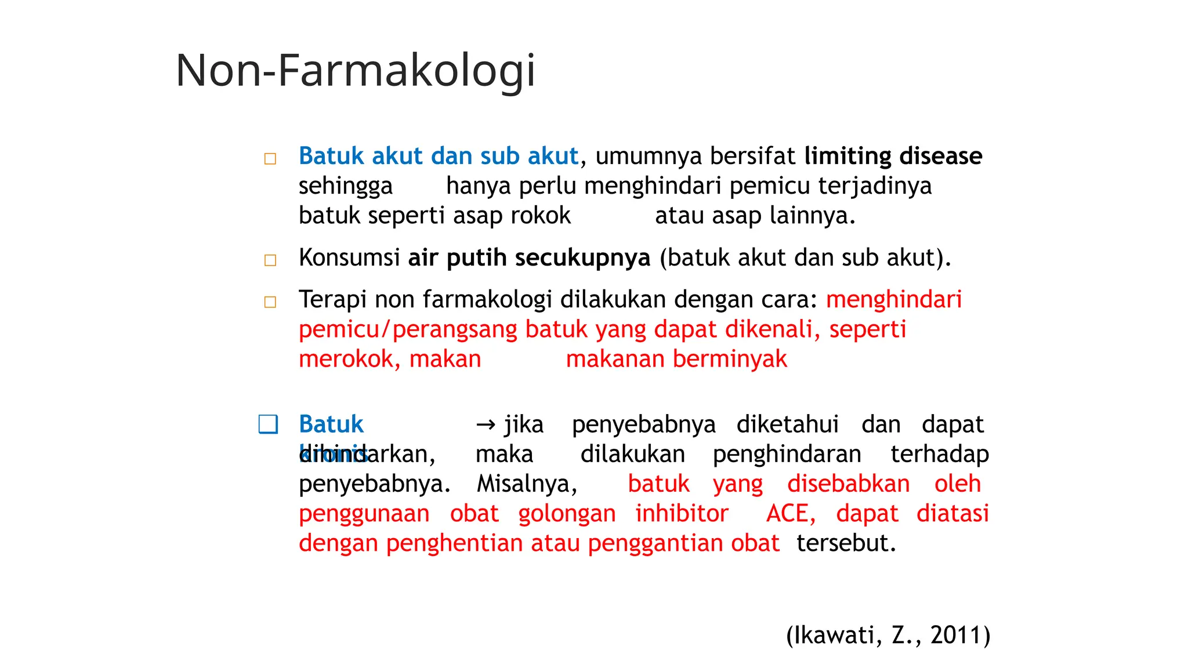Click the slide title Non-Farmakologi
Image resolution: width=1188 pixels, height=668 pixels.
click(x=355, y=71)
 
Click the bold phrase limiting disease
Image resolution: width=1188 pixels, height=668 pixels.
click(x=893, y=156)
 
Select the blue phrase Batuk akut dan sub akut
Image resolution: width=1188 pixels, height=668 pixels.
click(x=439, y=156)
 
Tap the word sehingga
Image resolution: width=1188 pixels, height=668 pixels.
click(x=346, y=186)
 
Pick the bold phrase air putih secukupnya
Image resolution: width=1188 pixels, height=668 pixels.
click(x=529, y=258)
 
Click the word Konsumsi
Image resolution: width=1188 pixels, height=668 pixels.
click(x=349, y=258)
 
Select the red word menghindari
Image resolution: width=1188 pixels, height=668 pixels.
click(x=894, y=300)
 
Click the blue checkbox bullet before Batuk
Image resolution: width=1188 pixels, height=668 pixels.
click(x=268, y=424)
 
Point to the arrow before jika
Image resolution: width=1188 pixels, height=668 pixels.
click(x=486, y=425)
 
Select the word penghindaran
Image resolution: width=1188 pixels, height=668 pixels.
click(x=787, y=455)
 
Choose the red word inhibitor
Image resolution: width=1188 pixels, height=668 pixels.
click(x=682, y=514)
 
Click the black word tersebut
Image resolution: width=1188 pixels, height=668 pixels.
click(x=846, y=543)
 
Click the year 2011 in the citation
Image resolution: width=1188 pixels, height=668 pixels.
click(x=955, y=636)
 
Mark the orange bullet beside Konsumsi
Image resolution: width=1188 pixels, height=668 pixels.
click(x=270, y=260)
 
